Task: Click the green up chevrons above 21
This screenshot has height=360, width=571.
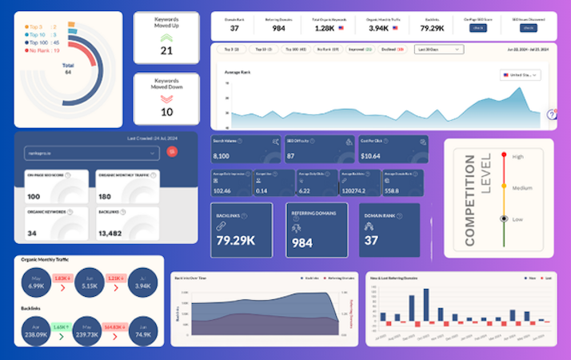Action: tap(166, 37)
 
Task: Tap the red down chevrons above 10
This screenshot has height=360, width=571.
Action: tap(166, 98)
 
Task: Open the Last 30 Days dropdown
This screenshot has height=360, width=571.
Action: tap(438, 49)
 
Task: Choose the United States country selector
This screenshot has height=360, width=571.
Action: tap(520, 74)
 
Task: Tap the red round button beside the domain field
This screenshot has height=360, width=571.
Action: tap(170, 151)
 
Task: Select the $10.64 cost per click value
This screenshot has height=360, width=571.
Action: tap(371, 156)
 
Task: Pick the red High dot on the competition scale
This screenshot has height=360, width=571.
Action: tap(503, 157)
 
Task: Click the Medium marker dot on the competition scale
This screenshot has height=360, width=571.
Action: tap(503, 188)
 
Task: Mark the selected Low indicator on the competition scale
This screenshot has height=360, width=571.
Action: tap(503, 218)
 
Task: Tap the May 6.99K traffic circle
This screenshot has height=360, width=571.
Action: tap(38, 283)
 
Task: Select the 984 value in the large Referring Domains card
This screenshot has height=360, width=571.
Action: tap(301, 242)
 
